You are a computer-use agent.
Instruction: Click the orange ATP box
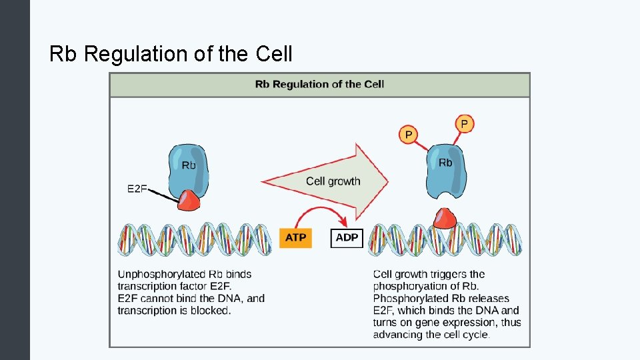(x=295, y=238)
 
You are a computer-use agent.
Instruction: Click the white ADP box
(x=347, y=238)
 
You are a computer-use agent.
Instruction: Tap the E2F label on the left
(x=137, y=189)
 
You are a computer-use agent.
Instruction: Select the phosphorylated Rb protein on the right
(x=445, y=170)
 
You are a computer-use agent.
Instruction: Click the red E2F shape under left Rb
(x=189, y=200)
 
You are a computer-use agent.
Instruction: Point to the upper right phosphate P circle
(x=465, y=124)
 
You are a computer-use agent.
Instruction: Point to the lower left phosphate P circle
(x=408, y=135)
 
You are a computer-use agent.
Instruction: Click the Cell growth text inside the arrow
(x=333, y=181)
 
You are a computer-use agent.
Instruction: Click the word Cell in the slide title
(x=274, y=54)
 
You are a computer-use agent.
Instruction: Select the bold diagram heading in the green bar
(x=319, y=85)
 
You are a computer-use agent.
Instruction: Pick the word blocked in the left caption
(x=212, y=311)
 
